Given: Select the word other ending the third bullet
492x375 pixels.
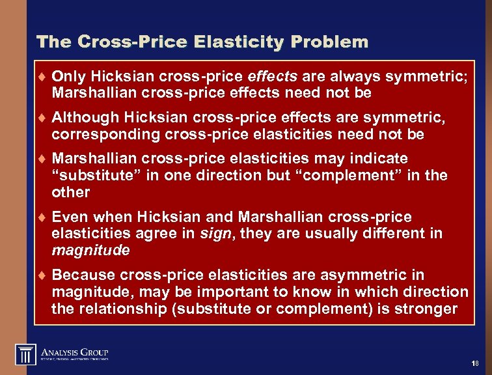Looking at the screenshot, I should tap(70, 193).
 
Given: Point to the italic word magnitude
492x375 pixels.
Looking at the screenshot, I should tap(90, 251).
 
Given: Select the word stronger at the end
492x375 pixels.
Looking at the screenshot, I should tap(426, 309).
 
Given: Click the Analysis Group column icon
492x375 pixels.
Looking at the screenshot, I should tap(26, 355).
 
